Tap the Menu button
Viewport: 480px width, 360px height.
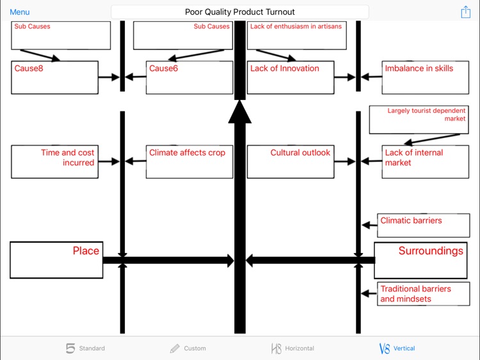(x=19, y=12)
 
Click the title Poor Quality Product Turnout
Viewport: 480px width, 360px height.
(x=240, y=12)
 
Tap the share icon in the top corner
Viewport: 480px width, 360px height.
(x=465, y=12)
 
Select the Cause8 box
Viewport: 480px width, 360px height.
(x=54, y=78)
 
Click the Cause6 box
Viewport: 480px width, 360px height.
(x=189, y=78)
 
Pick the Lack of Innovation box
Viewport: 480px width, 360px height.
(x=290, y=78)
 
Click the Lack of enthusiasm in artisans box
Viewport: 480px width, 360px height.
(x=296, y=35)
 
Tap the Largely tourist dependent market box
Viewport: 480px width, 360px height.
(x=419, y=120)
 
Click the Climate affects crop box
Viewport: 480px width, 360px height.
(x=189, y=161)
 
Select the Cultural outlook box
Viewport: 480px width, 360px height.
(x=290, y=161)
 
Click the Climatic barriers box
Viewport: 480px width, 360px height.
(x=419, y=225)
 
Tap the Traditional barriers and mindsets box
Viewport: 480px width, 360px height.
(x=419, y=294)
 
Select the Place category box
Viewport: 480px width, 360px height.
(x=56, y=260)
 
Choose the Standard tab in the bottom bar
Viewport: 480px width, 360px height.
(x=86, y=348)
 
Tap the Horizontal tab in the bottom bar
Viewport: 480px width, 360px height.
(x=292, y=348)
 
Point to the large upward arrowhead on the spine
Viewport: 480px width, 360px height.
(x=240, y=113)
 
